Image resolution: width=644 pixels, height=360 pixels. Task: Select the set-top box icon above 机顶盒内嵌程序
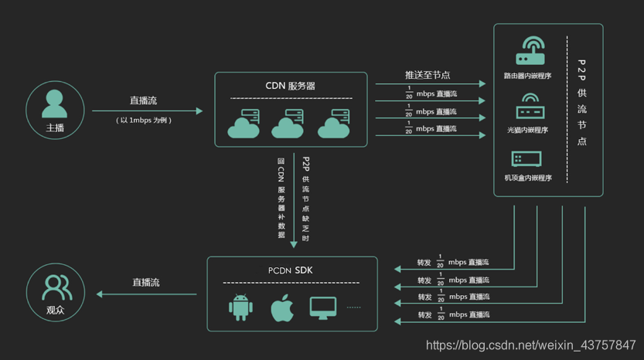point(527,159)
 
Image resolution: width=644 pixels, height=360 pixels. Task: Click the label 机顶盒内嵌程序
point(528,178)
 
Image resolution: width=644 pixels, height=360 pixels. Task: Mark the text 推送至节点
point(428,75)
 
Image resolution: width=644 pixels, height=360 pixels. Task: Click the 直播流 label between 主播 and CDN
point(144,101)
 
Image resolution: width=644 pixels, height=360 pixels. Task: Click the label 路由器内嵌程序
point(528,76)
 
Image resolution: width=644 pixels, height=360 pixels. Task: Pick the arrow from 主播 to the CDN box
point(147,111)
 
